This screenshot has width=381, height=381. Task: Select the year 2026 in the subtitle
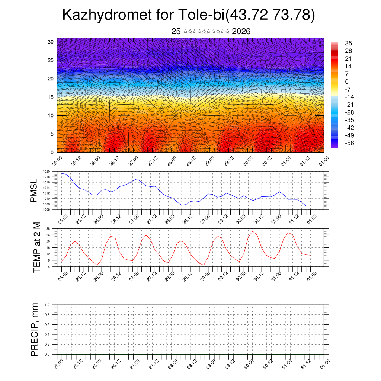click(x=241, y=32)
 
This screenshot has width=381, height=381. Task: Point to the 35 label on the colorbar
click(x=349, y=43)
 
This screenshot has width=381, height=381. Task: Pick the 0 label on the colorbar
click(x=347, y=81)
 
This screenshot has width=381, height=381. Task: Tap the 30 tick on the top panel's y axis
click(x=51, y=42)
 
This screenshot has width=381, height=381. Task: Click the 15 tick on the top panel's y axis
click(x=51, y=97)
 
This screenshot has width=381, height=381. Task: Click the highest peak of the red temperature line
click(x=253, y=231)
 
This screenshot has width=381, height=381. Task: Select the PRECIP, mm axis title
click(x=35, y=329)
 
